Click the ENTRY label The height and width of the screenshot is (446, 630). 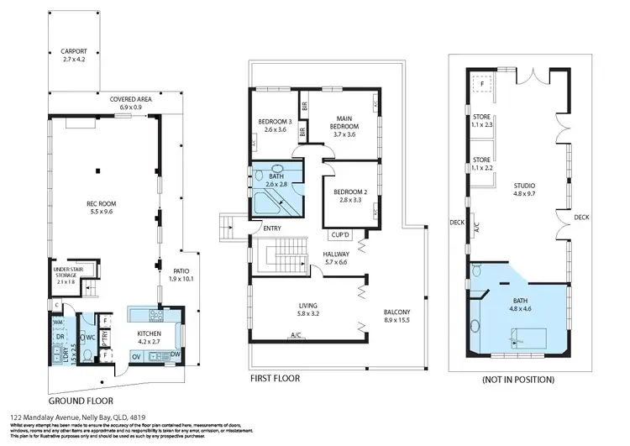(271, 228)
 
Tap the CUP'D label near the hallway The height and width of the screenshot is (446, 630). (340, 235)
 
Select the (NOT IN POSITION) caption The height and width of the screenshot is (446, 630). (518, 380)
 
